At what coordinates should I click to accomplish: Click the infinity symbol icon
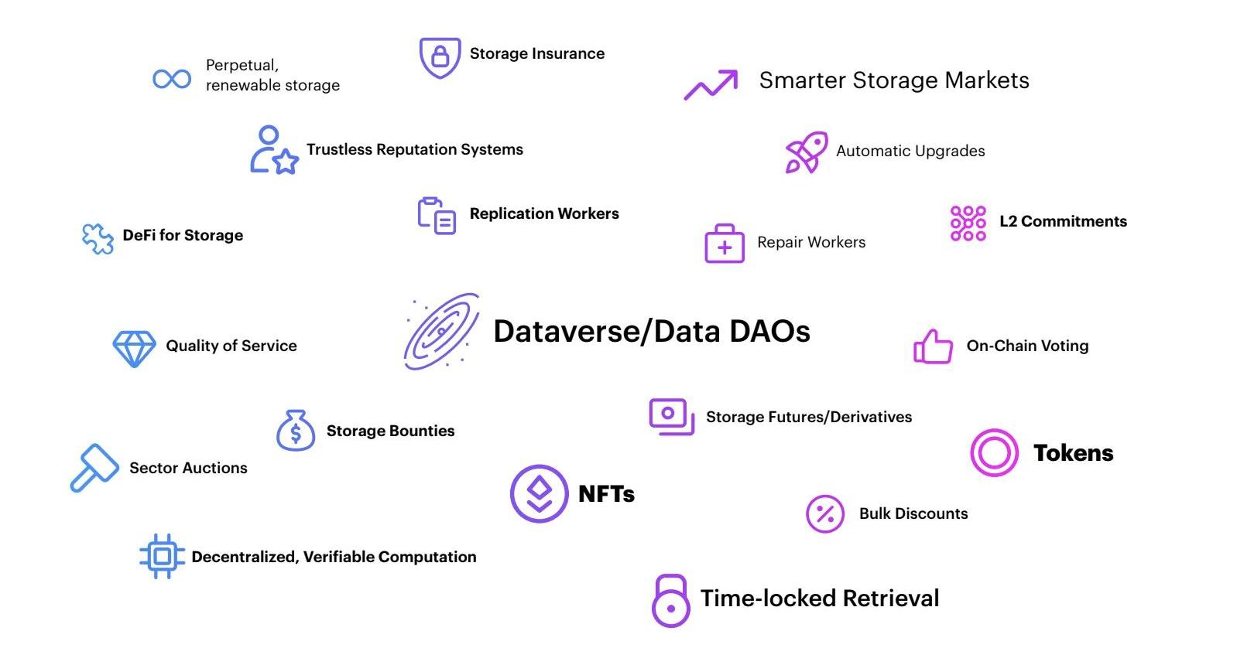coord(172,78)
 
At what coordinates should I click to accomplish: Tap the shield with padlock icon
coord(440,57)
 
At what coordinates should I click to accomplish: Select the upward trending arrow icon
coord(711,84)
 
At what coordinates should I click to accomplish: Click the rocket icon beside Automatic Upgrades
coord(807,152)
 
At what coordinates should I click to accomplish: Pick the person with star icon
coord(273,150)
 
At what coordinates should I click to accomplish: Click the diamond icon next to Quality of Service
coord(134,349)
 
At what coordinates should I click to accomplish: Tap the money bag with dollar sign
coord(296,431)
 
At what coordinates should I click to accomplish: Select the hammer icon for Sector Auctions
coord(94,468)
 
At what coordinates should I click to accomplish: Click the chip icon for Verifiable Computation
coord(162,556)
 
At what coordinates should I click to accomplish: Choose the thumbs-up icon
coord(933,346)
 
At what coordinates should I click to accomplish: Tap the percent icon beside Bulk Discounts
coord(825,514)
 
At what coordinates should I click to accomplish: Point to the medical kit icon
coord(724,244)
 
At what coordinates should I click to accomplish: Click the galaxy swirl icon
coord(441,331)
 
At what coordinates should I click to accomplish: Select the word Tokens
coord(1073,453)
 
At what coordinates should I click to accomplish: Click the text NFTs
coord(606,494)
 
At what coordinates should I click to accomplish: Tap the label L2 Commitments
coord(1063,222)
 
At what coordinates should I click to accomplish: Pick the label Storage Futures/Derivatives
coord(809,418)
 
